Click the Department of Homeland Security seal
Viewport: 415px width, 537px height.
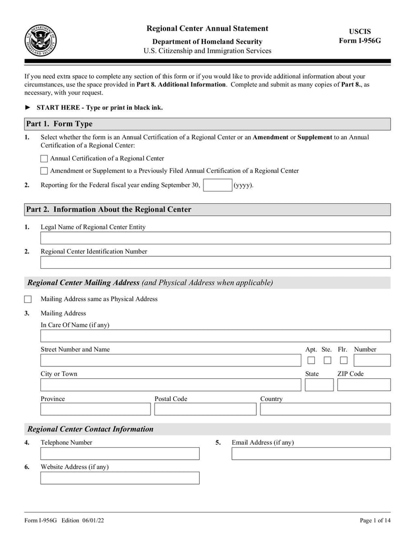coord(40,40)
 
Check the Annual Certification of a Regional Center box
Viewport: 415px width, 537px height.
coord(44,159)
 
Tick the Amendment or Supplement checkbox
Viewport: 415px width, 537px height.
coord(44,171)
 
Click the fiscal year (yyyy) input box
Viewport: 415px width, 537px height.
coord(217,185)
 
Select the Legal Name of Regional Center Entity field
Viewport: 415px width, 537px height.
coord(215,238)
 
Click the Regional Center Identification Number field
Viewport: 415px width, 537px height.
coord(215,263)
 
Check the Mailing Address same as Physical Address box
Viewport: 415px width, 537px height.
coord(28,299)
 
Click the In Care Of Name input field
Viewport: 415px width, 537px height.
coord(215,336)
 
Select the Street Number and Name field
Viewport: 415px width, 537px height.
coord(171,360)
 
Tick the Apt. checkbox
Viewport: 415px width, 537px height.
coord(311,361)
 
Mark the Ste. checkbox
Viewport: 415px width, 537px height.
coord(327,361)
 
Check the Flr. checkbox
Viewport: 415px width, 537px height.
coord(343,361)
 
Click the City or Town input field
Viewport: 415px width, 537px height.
coord(171,385)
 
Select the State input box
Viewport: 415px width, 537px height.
coord(319,385)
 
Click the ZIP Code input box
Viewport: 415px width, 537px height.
coord(364,385)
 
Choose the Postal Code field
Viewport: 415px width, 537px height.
coord(205,409)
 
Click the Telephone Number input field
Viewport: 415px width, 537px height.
coord(120,453)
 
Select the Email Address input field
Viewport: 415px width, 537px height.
coord(311,453)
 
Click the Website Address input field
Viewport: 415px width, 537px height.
coord(120,478)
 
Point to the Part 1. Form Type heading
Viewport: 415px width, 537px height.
coord(60,124)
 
